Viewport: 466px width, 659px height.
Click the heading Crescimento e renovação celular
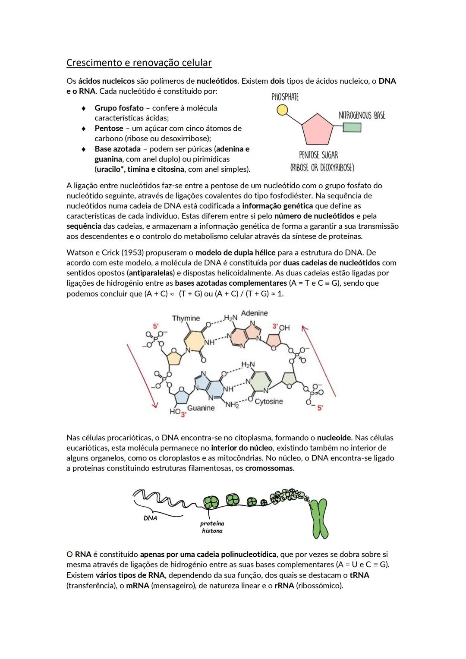pos(139,63)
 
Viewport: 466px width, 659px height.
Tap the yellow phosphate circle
pos(282,110)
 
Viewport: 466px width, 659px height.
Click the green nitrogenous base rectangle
pos(352,127)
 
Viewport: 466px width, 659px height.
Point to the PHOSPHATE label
pos(285,97)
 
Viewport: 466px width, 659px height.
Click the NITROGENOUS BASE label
pos(362,115)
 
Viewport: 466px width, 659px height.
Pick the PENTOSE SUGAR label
pos(318,155)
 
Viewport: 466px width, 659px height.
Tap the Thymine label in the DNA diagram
pos(186,318)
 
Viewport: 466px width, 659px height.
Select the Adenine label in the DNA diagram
pos(254,313)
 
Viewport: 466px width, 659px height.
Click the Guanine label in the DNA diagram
pos(201,408)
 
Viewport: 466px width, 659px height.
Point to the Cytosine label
pos(268,402)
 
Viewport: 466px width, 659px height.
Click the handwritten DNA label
pos(150,518)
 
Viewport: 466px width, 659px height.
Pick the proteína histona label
pos(212,527)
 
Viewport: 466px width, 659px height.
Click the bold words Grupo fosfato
pos(119,108)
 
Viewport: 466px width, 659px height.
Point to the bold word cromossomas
pos(269,468)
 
